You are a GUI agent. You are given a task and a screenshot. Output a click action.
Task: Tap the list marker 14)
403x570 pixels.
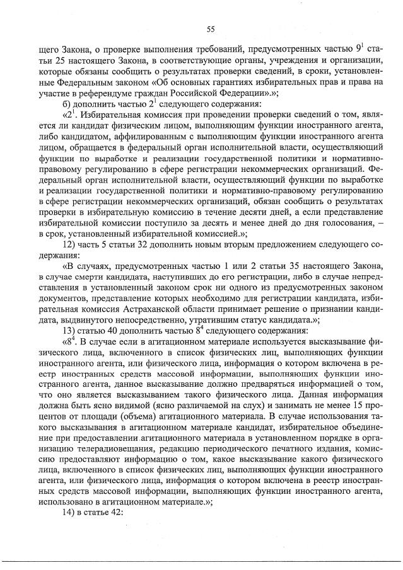pos(70,512)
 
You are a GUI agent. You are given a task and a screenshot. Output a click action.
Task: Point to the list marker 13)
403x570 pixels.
pos(70,331)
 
